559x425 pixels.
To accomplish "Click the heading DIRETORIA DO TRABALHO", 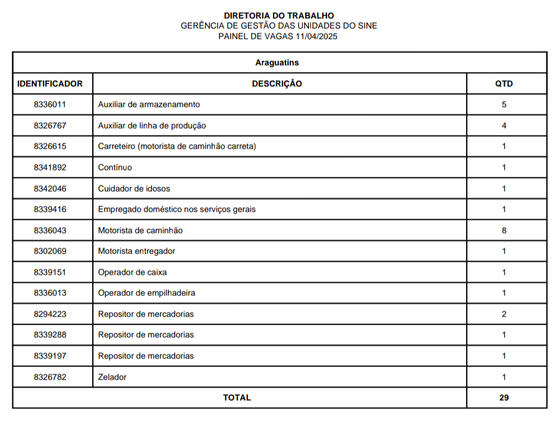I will coord(279,16).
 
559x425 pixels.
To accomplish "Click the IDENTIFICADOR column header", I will coord(50,84).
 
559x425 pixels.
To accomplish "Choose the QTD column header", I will coord(504,84).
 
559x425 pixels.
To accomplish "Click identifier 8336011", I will coord(50,104).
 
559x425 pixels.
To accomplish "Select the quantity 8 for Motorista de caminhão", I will coord(504,230).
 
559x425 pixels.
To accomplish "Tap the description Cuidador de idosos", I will coord(134,188).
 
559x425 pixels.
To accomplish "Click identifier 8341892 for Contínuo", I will coord(50,167).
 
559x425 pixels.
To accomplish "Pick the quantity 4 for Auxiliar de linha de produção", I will coord(504,125).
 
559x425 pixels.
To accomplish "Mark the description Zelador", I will coord(112,377).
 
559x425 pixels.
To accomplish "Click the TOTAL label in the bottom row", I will coord(237,398).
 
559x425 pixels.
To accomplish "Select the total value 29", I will coord(504,398).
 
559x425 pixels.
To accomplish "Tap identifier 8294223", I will coord(50,314).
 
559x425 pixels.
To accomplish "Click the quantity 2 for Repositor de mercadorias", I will coord(504,314).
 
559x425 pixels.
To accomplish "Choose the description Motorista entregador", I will coord(136,251).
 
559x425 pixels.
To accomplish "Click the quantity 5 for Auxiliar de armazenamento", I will coord(504,104).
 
